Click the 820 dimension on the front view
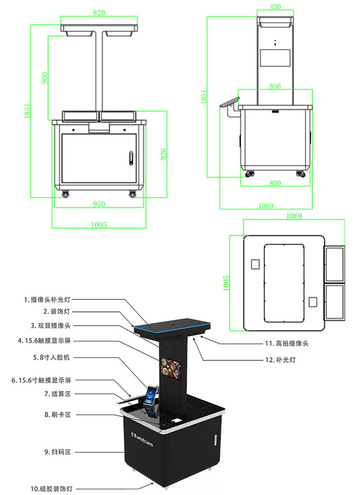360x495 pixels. [x=99, y=13]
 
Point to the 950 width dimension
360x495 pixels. [x=99, y=204]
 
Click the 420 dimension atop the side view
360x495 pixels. [x=275, y=6]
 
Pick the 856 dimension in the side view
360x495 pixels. [x=275, y=85]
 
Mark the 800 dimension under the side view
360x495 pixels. [x=275, y=183]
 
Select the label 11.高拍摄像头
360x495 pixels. [x=287, y=343]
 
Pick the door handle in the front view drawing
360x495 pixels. [x=131, y=158]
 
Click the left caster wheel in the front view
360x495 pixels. [x=66, y=194]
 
